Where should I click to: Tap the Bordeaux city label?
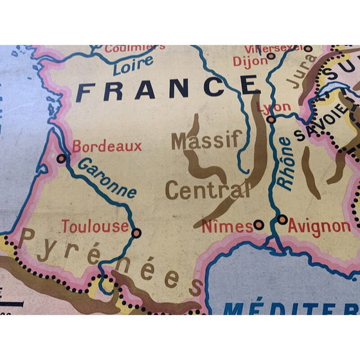click(107, 147)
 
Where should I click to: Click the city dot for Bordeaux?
click(62, 157)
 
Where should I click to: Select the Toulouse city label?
click(94, 226)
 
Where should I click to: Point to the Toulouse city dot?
click(136, 233)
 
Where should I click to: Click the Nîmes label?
click(227, 226)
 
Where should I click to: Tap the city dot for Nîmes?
click(258, 224)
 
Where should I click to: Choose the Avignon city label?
click(319, 226)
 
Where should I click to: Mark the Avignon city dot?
click(282, 220)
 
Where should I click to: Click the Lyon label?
click(269, 107)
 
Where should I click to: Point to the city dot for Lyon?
click(271, 119)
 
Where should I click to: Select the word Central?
click(208, 189)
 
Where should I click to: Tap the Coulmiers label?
click(134, 47)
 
